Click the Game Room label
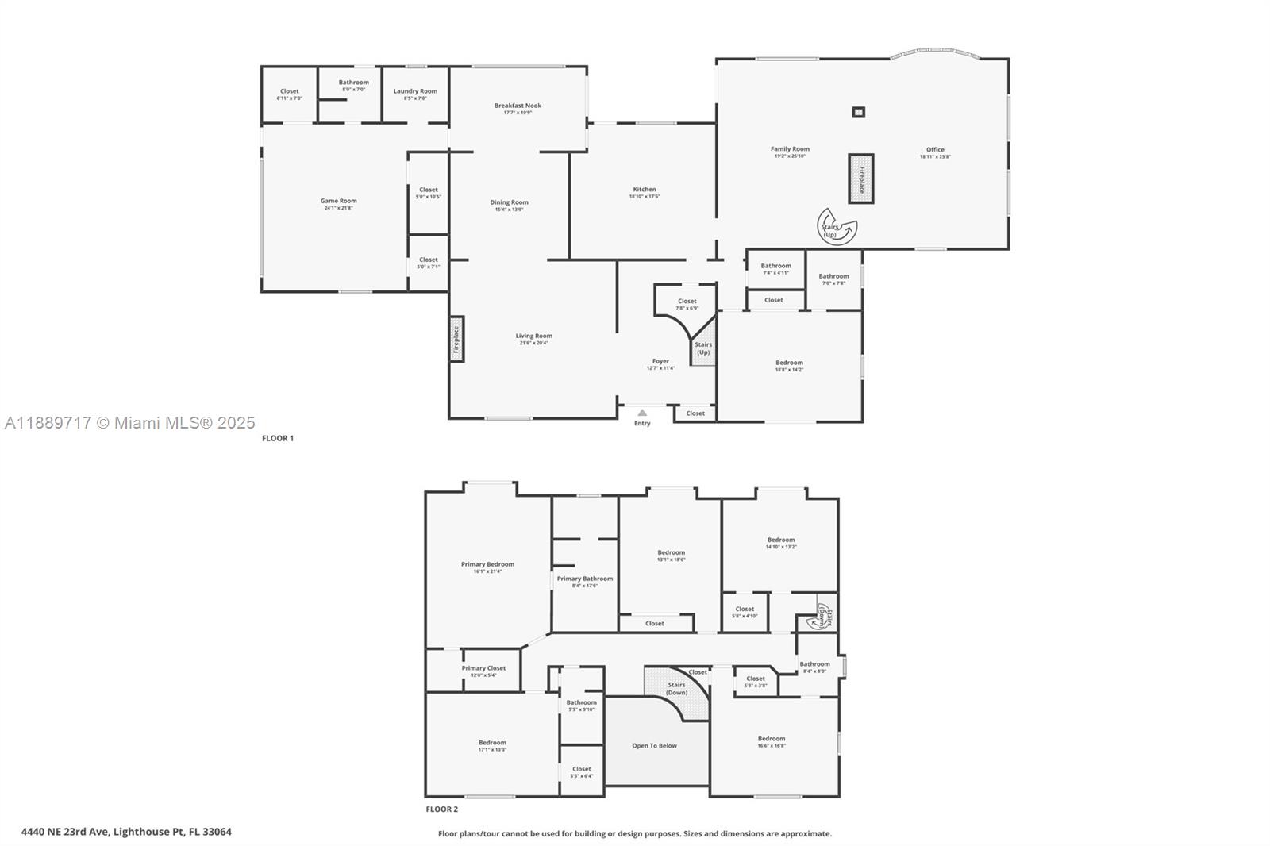[x=339, y=202]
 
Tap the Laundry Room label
[x=415, y=92]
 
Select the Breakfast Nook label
[x=518, y=106]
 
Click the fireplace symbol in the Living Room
[x=456, y=339]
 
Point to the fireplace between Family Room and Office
[x=860, y=179]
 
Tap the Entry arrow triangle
[x=642, y=413]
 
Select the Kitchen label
[x=645, y=190]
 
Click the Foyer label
[x=660, y=362]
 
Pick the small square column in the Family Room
[x=858, y=112]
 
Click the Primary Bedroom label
[x=487, y=565]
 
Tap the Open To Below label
[x=655, y=746]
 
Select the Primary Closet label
[x=483, y=669]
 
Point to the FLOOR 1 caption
[x=278, y=438]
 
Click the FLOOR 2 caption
[x=442, y=809]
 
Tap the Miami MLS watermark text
[x=129, y=423]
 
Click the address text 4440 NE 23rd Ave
[x=126, y=832]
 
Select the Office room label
[x=935, y=150]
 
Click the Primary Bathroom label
[x=585, y=579]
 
